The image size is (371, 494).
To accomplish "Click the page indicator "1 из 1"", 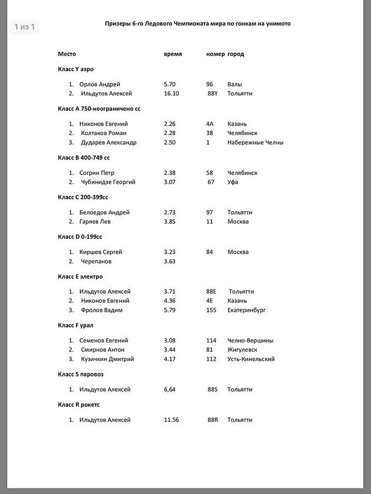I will tap(24, 27).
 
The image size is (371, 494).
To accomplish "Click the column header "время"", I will tap(173, 54).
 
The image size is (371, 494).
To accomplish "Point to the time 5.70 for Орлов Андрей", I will tap(170, 85).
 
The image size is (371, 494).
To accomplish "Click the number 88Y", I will tap(213, 94).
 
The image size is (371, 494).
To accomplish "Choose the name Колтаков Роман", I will tap(103, 133).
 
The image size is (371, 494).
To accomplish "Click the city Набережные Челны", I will tap(256, 143).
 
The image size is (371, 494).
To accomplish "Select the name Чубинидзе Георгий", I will tap(108, 182).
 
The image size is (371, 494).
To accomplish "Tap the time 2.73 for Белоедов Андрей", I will tap(170, 212).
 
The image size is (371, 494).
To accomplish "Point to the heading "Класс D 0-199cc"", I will tap(81, 237).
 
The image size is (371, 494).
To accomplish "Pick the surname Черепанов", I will tap(98, 261).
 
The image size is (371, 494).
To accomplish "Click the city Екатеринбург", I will tap(247, 310).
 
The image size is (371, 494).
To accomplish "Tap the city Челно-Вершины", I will tap(251, 341).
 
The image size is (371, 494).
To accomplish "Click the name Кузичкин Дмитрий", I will tap(107, 360).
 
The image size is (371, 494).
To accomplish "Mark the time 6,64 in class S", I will tap(170, 390).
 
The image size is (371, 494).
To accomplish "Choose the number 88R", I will tap(213, 420).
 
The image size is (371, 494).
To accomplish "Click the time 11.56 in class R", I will tap(171, 420).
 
